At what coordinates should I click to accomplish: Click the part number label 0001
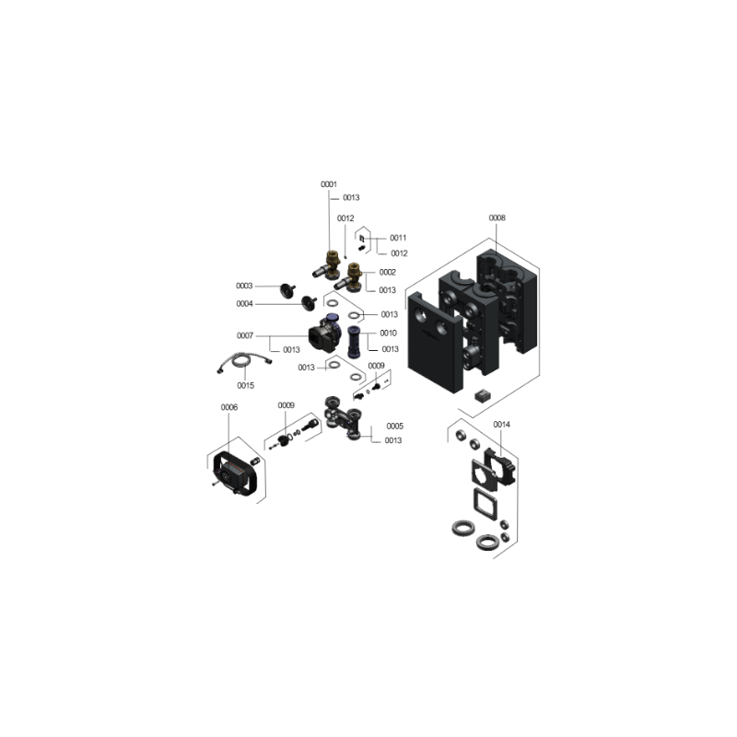[x=329, y=184]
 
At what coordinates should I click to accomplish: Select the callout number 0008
[x=497, y=217]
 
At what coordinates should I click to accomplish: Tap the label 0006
[x=229, y=407]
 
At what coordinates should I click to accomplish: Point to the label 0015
[x=245, y=385]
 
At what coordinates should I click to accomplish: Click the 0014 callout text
[x=501, y=425]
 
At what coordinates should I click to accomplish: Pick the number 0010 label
[x=388, y=333]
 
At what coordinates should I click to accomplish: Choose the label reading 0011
[x=398, y=238]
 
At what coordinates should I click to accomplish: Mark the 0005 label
[x=395, y=426]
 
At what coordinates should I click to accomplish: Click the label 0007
[x=245, y=335]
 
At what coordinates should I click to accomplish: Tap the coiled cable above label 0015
[x=244, y=362]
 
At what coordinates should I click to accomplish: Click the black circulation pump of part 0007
[x=324, y=333]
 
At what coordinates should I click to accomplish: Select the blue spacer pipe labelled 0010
[x=354, y=342]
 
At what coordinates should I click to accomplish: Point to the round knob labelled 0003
[x=287, y=290]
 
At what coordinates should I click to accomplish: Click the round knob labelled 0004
[x=309, y=303]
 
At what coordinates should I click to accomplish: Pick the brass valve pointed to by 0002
[x=349, y=277]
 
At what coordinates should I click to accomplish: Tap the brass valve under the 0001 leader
[x=328, y=266]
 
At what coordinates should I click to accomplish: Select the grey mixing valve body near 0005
[x=344, y=417]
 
